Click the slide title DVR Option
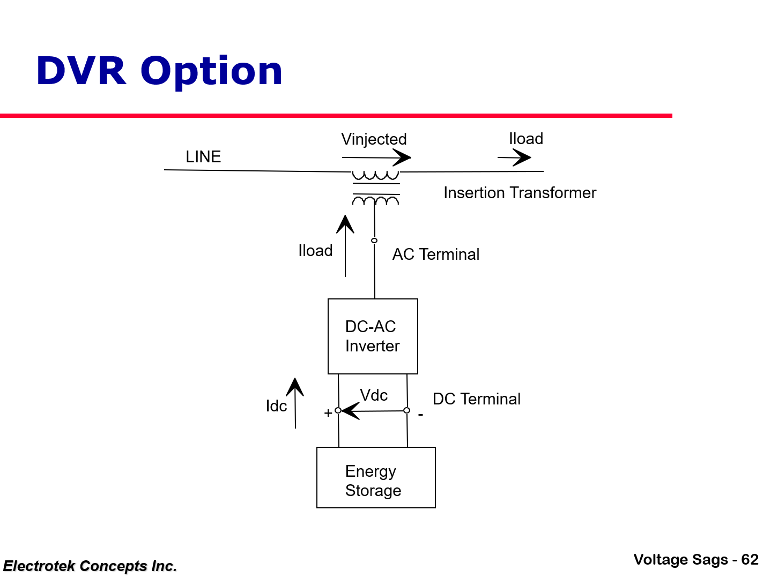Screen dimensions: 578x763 [x=159, y=71]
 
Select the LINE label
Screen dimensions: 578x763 [x=203, y=157]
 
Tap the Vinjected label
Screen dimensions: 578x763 [x=374, y=139]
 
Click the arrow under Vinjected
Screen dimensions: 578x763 [x=376, y=157]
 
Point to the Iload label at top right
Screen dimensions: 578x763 [x=525, y=139]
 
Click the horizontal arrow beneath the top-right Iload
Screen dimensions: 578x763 [x=514, y=157]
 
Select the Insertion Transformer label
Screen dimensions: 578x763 [x=520, y=193]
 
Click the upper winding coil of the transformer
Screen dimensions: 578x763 [x=375, y=175]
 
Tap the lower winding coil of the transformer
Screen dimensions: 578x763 [x=375, y=201]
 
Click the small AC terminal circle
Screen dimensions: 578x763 [x=374, y=241]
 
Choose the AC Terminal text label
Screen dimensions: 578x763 [x=435, y=254]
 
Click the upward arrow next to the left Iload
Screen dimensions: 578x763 [x=345, y=246]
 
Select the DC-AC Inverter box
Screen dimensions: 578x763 [x=373, y=336]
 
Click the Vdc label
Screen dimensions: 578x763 [x=374, y=395]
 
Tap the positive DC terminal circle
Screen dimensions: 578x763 [x=338, y=411]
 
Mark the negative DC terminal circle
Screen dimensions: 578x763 [x=407, y=410]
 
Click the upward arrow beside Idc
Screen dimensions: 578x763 [x=295, y=403]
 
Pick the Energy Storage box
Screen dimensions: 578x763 [x=376, y=478]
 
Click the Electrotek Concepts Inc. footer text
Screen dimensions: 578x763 [x=90, y=566]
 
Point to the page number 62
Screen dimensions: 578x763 [x=750, y=560]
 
